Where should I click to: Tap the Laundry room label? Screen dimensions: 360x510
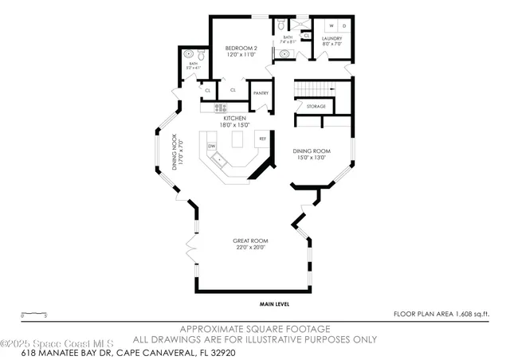click(332, 38)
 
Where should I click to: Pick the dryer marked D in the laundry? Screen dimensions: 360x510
click(345, 25)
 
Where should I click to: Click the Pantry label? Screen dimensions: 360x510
click(261, 92)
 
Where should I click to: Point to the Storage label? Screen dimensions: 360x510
click(316, 105)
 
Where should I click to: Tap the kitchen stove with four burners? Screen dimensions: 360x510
click(220, 108)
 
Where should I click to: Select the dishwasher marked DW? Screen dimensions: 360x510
click(212, 147)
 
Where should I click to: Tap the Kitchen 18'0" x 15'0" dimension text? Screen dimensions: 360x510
click(237, 125)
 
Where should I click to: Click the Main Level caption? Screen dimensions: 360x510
click(273, 304)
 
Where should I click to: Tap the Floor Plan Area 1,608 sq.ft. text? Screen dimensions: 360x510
click(442, 314)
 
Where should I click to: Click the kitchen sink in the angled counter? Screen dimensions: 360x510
click(221, 161)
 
